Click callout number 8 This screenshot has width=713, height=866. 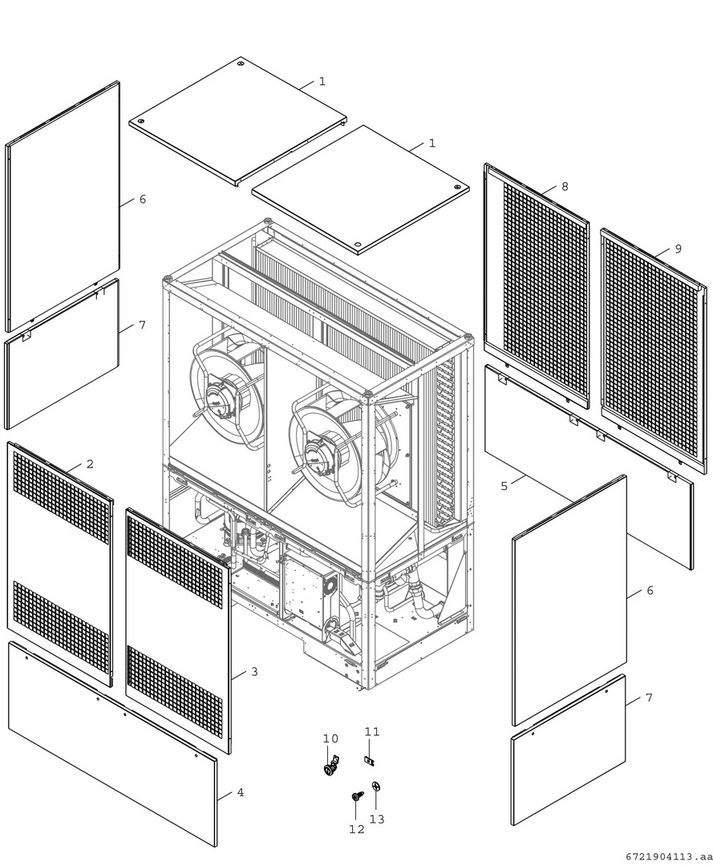pos(565,187)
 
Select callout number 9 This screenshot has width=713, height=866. pos(679,249)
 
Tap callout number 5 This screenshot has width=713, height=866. pos(504,486)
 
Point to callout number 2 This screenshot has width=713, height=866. pos(90,464)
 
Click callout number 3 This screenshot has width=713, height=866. pos(254,672)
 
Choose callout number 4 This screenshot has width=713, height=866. pos(241,792)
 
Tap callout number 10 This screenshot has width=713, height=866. pos(330,739)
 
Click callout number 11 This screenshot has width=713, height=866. pos(372,731)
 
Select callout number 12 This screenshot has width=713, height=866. pos(357,829)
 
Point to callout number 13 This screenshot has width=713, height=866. pos(377,819)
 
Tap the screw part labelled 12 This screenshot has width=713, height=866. pos(357,796)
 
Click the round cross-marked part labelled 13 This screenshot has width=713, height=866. pos(377,787)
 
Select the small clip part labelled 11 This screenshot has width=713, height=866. pos(370,760)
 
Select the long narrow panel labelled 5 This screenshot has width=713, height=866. pos(589,466)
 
